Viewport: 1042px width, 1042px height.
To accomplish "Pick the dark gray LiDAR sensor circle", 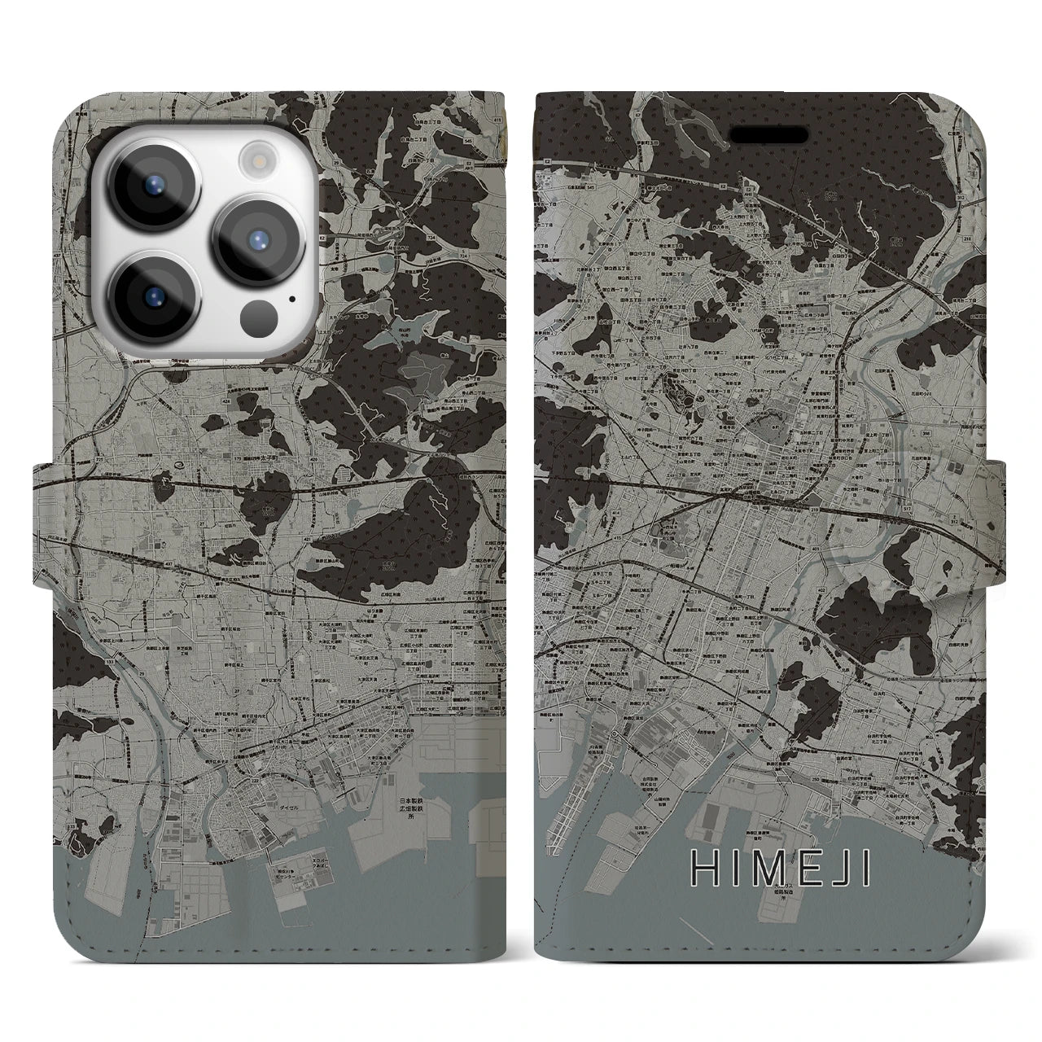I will coord(260,314).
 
